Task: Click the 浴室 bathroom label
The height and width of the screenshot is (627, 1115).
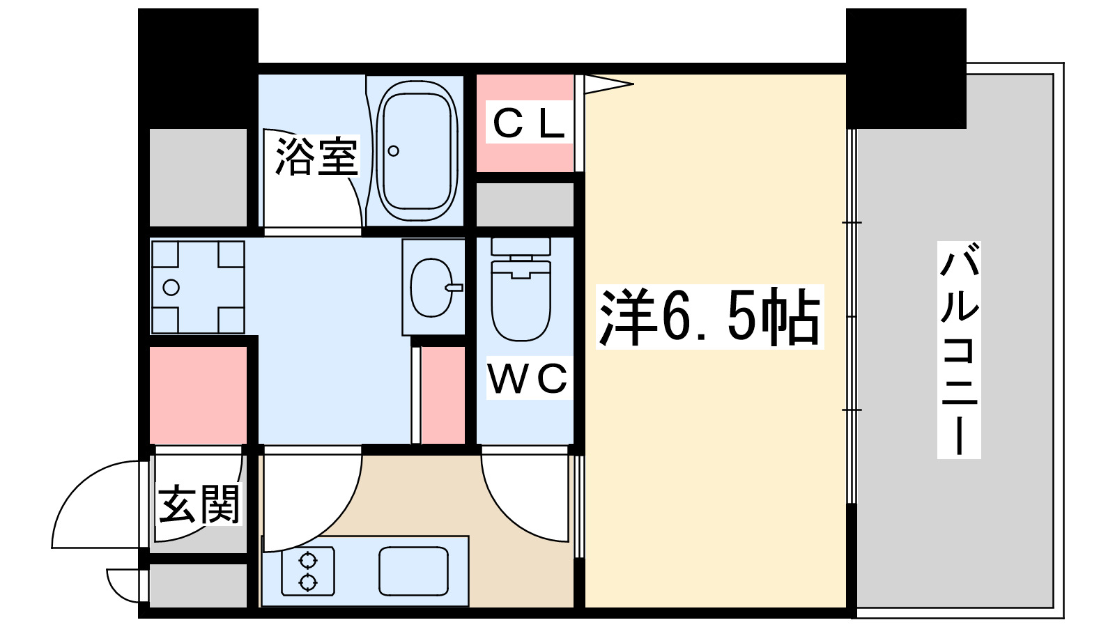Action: tap(317, 157)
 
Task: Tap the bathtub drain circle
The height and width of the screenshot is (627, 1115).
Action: tap(394, 150)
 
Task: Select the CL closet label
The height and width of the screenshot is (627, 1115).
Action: tap(528, 124)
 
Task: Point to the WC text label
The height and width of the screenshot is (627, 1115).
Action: tap(528, 380)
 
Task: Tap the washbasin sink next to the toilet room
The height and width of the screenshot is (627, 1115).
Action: tap(432, 288)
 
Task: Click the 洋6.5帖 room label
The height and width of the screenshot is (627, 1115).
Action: tap(709, 317)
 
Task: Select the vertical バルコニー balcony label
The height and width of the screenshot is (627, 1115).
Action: tap(959, 350)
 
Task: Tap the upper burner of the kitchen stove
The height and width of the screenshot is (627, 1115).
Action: tap(308, 560)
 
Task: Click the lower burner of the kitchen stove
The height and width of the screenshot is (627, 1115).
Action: tap(308, 582)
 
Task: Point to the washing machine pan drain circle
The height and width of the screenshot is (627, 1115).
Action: tap(171, 287)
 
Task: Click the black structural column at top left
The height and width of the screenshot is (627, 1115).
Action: tap(198, 66)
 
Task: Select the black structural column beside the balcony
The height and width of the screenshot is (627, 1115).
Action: tap(906, 68)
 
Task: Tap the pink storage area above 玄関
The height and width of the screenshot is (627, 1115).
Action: tap(199, 394)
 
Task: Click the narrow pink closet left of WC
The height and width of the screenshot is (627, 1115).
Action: tap(443, 394)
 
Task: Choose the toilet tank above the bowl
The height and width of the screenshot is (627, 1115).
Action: tap(521, 247)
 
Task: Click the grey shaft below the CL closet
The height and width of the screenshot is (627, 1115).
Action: tap(525, 205)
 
